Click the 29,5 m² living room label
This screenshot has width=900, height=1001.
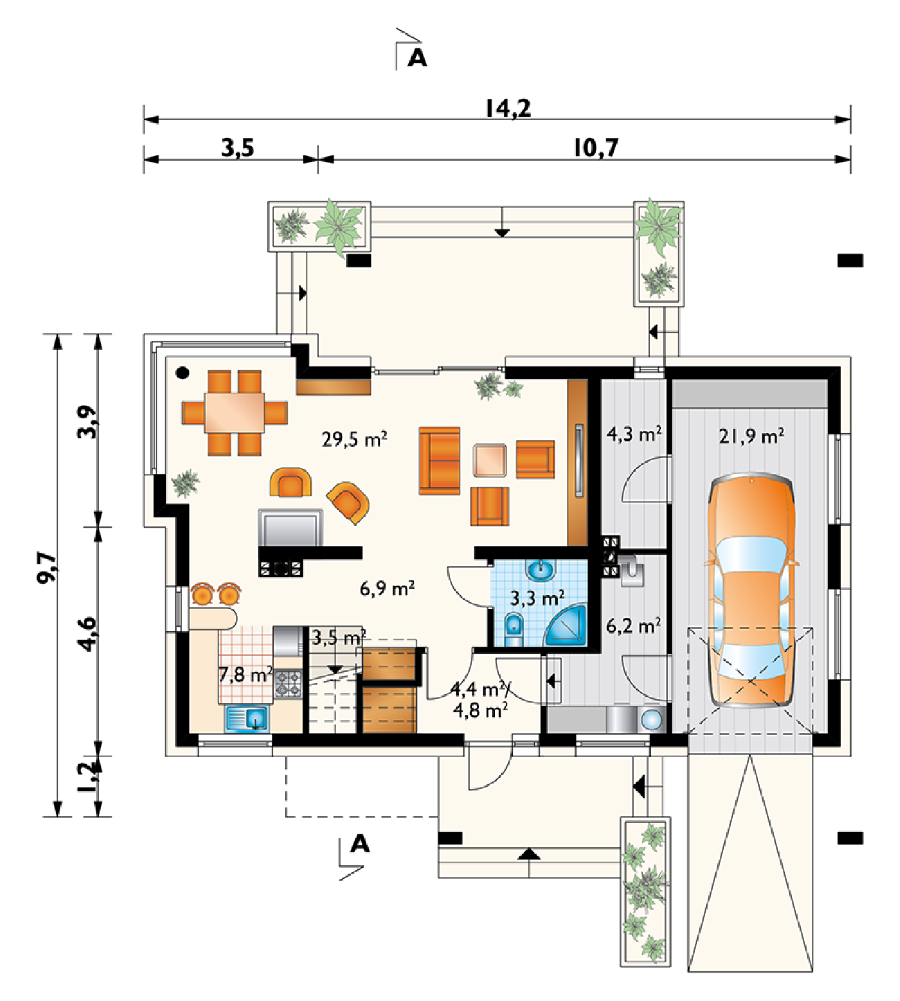coord(354,439)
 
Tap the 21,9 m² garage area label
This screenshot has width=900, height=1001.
coord(751,436)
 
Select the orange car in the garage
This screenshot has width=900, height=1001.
coord(751,592)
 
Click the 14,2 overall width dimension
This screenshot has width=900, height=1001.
coord(508,108)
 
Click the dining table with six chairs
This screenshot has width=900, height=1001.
coord(235,413)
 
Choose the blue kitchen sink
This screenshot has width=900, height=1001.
coord(248,718)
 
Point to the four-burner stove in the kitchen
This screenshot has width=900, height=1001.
coord(289,684)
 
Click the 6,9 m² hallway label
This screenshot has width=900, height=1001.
coord(387,589)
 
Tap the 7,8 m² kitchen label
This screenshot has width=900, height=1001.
coord(246,675)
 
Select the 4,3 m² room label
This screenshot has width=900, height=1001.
coord(634,434)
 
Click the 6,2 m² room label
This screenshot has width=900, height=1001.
coord(633,626)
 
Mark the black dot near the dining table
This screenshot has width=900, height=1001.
coord(183,372)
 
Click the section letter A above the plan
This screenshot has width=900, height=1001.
coord(417,57)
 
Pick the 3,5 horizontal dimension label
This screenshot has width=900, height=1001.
coord(238,148)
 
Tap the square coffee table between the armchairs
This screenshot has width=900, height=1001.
coord(490,461)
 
